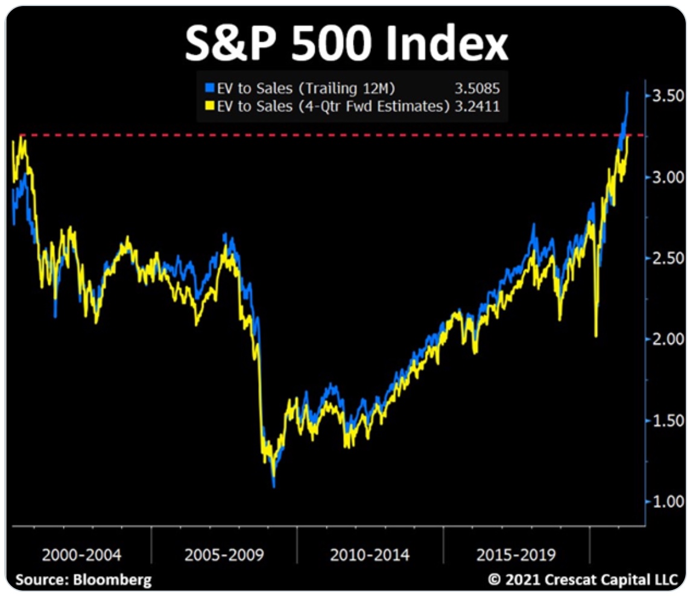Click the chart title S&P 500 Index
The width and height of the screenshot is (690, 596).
[346, 43]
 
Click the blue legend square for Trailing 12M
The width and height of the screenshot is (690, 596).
[210, 88]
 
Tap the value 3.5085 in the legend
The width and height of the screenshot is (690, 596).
[477, 89]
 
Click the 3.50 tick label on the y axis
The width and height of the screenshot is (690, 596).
[665, 97]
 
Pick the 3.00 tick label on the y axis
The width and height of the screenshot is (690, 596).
[665, 177]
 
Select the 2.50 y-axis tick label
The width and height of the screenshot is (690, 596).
[665, 258]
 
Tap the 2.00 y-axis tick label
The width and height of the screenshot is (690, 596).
[665, 339]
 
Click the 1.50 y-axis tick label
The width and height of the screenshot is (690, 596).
[665, 420]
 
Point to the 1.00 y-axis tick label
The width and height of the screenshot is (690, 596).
[665, 501]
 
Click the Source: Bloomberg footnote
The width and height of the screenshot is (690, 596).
[83, 580]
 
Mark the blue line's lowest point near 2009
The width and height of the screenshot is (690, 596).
[274, 486]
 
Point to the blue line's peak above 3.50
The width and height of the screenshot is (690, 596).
[627, 92]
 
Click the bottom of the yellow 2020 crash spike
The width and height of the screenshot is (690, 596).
[596, 336]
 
